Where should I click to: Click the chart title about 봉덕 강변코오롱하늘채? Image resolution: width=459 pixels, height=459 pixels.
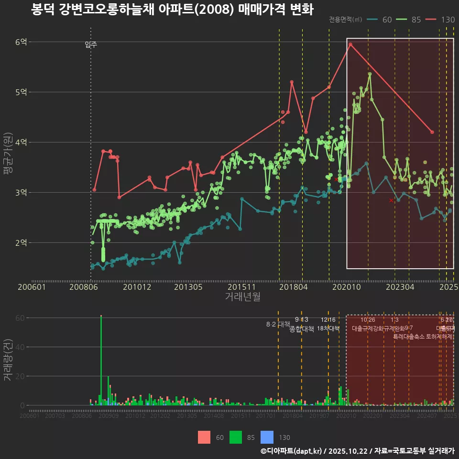pos(172,10)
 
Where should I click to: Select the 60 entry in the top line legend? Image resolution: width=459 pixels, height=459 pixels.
pos(380,20)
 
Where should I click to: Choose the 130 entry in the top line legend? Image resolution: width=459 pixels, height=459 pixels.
pos(440,20)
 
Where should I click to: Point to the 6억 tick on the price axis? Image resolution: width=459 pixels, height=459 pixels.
pos(21,42)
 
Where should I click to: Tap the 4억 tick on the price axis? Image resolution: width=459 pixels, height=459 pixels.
pos(21,142)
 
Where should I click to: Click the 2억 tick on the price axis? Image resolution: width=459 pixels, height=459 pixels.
pos(21,243)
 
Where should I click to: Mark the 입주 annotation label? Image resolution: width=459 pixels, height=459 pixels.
pos(91,45)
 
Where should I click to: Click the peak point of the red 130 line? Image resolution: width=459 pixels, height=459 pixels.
pos(350,44)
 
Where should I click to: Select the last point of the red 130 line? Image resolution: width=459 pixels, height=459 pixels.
pos(432,132)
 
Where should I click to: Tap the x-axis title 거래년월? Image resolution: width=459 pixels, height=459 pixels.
pos(242,296)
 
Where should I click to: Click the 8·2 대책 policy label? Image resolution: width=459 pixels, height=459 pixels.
pos(278,324)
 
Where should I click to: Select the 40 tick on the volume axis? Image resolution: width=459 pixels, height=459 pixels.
pos(21,347)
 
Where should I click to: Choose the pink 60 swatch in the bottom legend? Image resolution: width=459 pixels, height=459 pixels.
pos(204,437)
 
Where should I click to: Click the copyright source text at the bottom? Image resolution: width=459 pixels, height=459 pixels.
pos(357,451)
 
